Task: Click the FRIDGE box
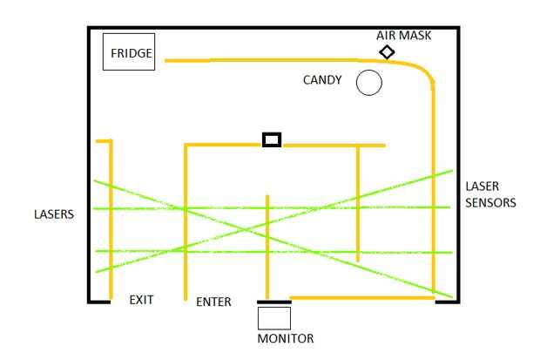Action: pyautogui.click(x=129, y=52)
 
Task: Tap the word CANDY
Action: pyautogui.click(x=322, y=81)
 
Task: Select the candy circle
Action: pyautogui.click(x=369, y=83)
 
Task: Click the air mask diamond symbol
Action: pyautogui.click(x=387, y=52)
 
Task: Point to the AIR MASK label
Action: pyautogui.click(x=403, y=36)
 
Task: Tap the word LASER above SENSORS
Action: pyautogui.click(x=483, y=187)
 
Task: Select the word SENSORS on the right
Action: pyautogui.click(x=490, y=202)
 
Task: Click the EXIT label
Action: pyautogui.click(x=141, y=300)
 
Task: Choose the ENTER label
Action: pyautogui.click(x=213, y=302)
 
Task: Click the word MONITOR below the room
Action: pyautogui.click(x=286, y=338)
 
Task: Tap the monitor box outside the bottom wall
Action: pyautogui.click(x=274, y=318)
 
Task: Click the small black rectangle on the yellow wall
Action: pyautogui.click(x=272, y=139)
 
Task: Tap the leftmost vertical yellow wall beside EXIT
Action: pyautogui.click(x=110, y=218)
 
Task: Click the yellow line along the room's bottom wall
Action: pyautogui.click(x=361, y=298)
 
